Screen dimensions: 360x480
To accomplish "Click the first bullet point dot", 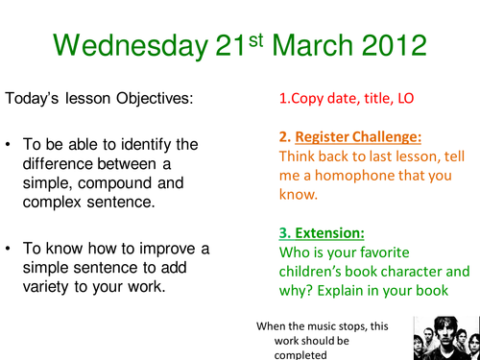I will [x=10, y=145].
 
